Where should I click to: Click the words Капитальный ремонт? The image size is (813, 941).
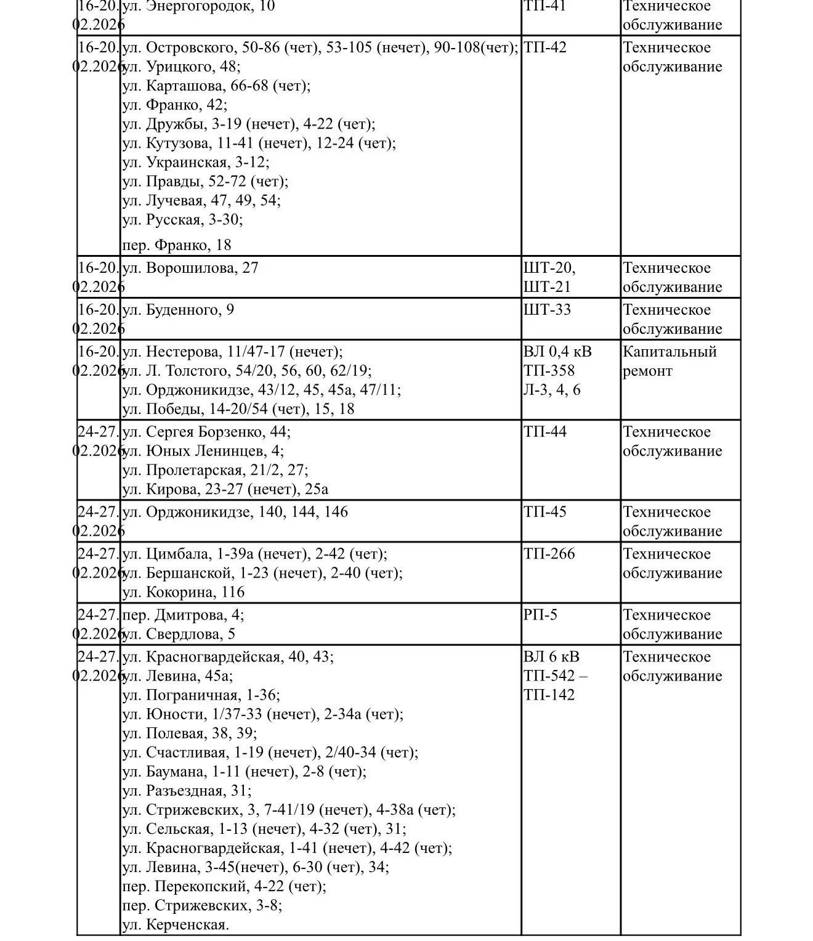click(x=669, y=361)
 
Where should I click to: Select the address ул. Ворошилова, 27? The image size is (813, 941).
click(x=190, y=268)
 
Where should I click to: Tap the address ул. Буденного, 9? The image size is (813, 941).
click(x=178, y=310)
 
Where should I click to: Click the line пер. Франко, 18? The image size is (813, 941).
click(x=177, y=245)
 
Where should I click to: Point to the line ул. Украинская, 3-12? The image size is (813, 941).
click(x=196, y=162)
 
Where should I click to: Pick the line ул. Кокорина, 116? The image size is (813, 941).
click(x=184, y=592)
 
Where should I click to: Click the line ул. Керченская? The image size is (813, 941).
click(x=176, y=924)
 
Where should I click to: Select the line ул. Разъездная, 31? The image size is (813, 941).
click(x=187, y=790)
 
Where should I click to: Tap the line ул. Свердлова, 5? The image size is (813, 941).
click(x=179, y=634)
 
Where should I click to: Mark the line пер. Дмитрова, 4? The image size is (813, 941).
click(x=183, y=615)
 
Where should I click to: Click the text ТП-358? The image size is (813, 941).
click(x=549, y=371)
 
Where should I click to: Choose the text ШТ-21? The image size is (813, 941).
click(x=548, y=287)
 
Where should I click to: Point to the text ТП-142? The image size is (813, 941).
click(x=549, y=695)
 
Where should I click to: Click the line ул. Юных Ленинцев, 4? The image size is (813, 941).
click(x=203, y=451)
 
